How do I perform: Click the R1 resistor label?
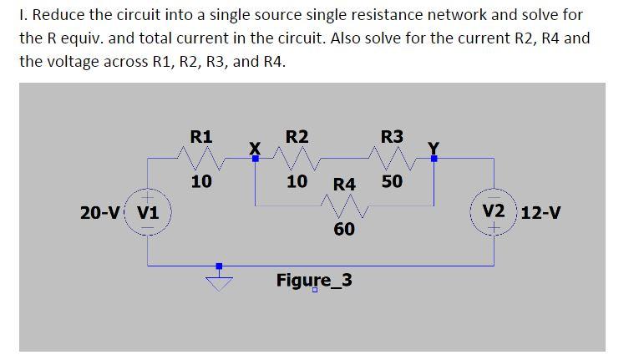[x=201, y=136]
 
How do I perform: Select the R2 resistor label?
[x=297, y=136]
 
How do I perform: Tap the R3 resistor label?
[x=392, y=136]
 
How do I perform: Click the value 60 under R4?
[x=344, y=228]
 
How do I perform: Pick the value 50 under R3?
[x=392, y=180]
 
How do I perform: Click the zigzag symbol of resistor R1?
[x=201, y=156]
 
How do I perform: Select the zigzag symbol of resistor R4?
[x=344, y=205]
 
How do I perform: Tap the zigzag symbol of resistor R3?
[x=392, y=156]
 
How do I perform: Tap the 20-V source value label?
[x=101, y=211]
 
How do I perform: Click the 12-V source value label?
[x=540, y=211]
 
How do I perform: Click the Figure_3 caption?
[x=314, y=279]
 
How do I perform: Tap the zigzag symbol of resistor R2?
[x=297, y=156]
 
